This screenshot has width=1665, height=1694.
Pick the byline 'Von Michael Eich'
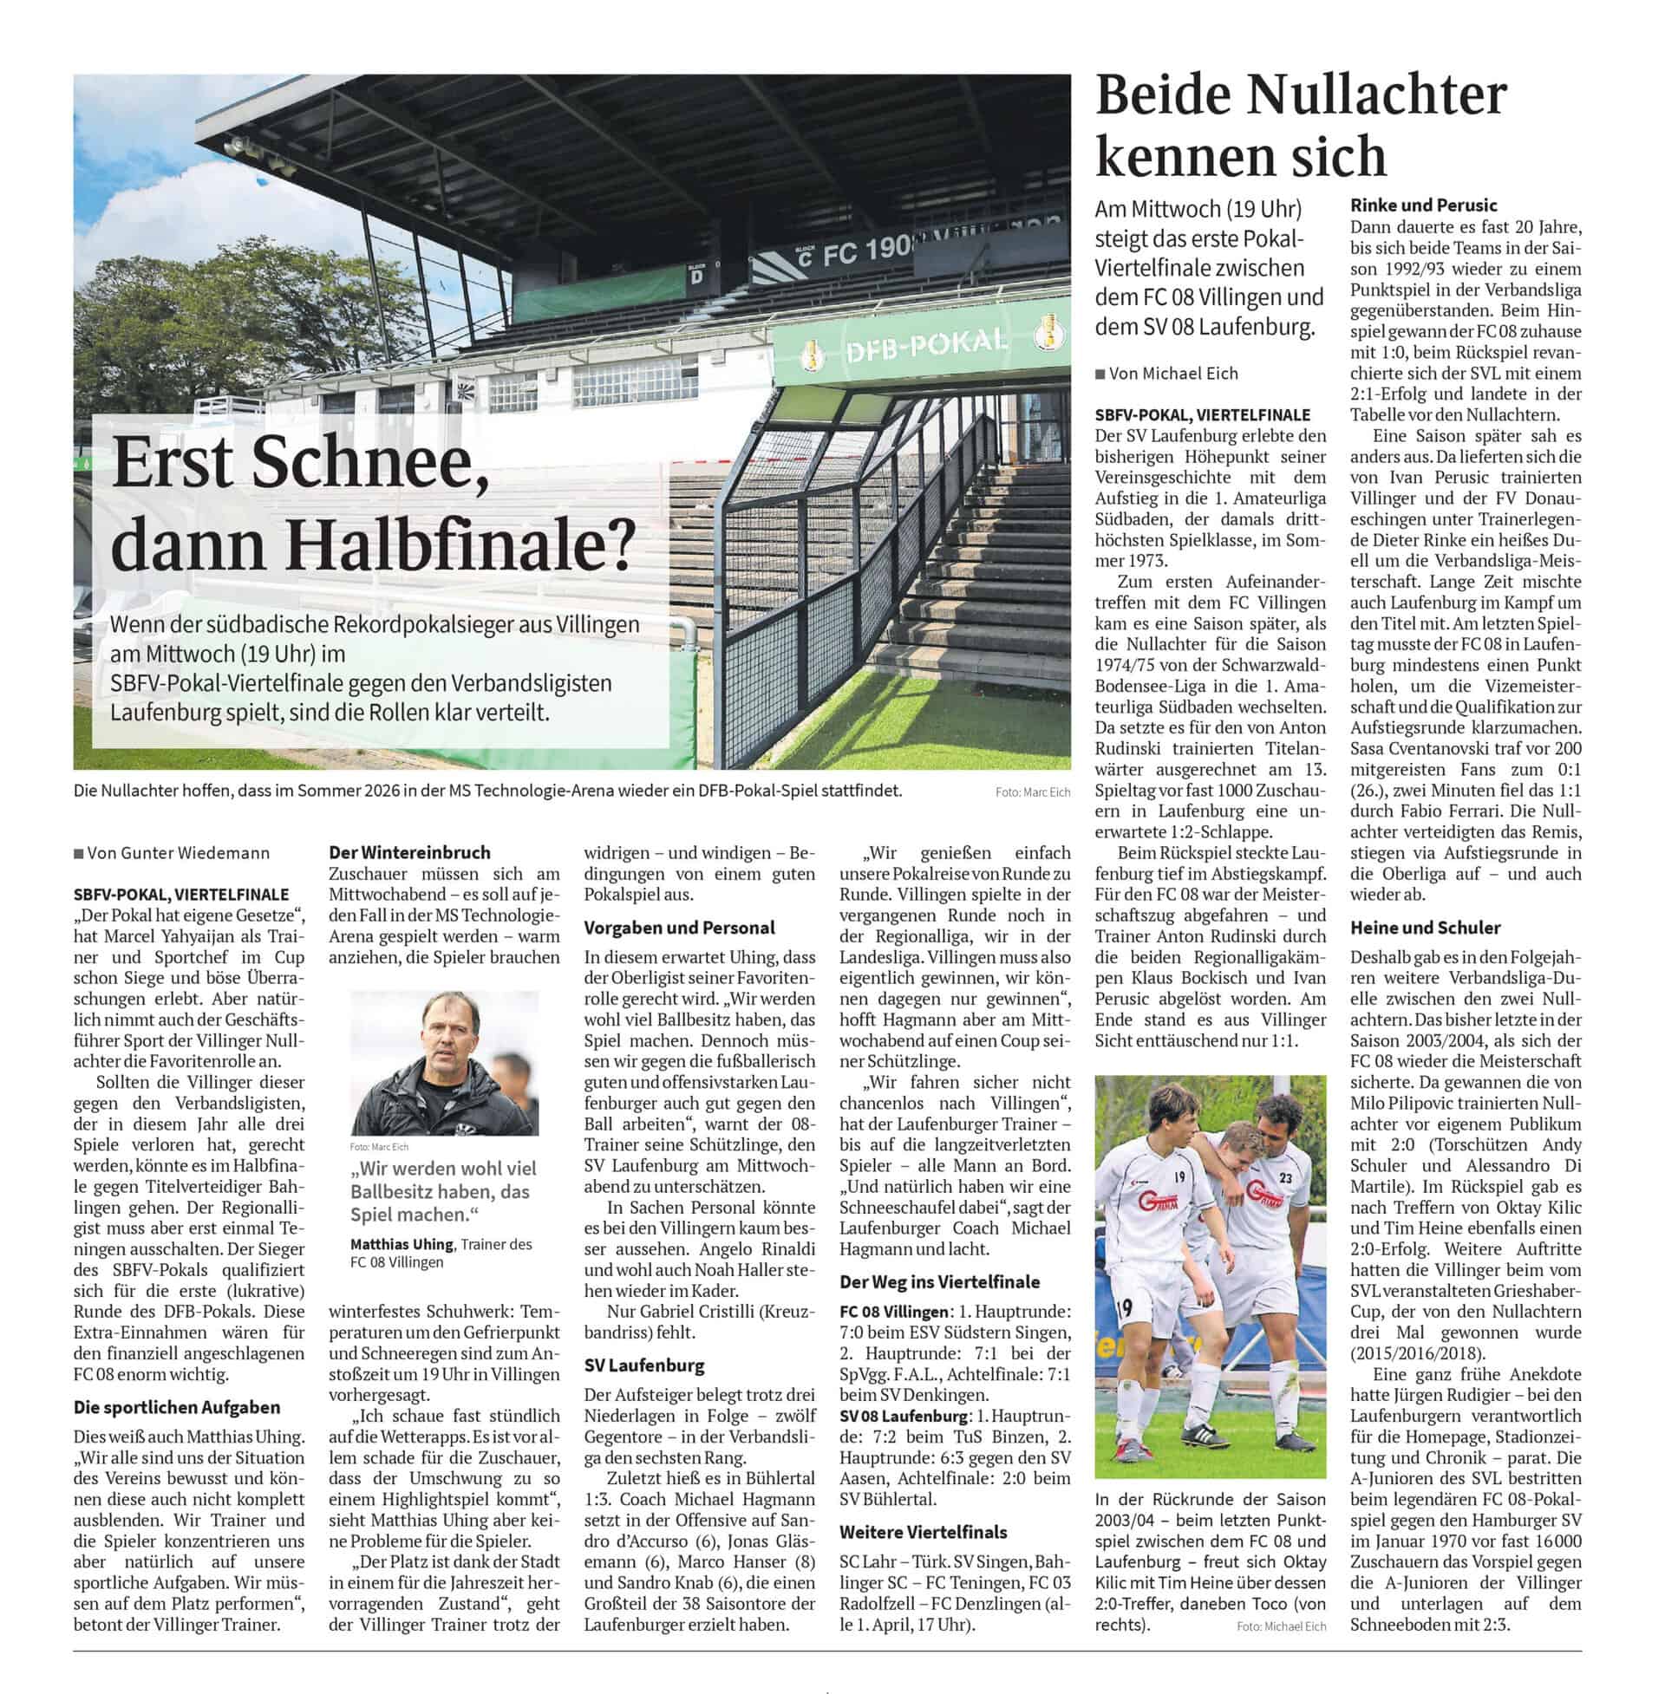(1172, 374)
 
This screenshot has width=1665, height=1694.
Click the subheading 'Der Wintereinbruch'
(409, 852)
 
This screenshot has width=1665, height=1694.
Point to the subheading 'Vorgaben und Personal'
(679, 928)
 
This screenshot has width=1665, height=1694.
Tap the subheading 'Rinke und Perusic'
(1424, 205)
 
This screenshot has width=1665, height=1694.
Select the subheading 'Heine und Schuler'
(1425, 928)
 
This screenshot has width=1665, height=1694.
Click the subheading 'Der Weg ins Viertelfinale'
(939, 1282)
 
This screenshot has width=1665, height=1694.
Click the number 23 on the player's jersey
(1285, 1177)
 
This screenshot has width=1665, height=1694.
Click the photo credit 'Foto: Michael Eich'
(1281, 1626)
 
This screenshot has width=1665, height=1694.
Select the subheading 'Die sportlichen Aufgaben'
(177, 1407)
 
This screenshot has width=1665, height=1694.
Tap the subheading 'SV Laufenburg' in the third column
(643, 1365)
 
